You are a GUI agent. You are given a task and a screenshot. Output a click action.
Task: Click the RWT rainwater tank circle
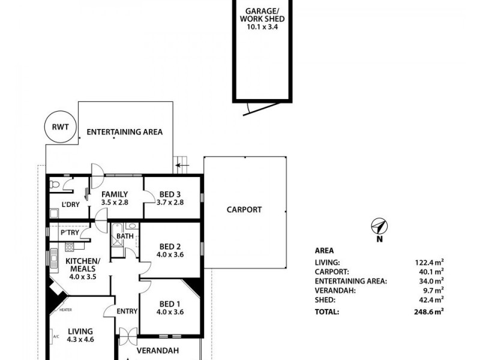[61, 112]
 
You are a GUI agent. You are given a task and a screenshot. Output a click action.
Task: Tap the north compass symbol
[379, 227]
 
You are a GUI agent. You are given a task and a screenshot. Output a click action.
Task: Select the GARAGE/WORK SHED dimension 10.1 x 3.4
[262, 26]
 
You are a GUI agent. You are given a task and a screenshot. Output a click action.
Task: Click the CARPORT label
[244, 209]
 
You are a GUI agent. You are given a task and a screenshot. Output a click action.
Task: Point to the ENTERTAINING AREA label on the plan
[125, 132]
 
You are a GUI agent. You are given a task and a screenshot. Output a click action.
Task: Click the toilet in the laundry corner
[55, 184]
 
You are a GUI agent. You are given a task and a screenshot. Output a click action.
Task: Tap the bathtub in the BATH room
[117, 235]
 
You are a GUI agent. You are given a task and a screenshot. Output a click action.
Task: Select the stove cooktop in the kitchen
[70, 247]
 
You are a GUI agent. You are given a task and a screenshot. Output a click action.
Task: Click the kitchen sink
[54, 260]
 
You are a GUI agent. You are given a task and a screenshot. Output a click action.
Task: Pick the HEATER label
[65, 310]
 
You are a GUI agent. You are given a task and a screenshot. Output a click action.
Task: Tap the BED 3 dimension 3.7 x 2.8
[170, 202]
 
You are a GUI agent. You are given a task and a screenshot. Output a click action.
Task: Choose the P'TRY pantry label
[70, 233]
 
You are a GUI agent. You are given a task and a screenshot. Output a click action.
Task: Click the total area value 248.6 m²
[428, 311]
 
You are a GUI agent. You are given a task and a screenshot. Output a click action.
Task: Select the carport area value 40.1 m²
[431, 272]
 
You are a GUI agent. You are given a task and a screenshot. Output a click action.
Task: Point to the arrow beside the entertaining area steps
[182, 166]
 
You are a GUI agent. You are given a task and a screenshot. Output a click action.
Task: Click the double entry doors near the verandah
[128, 337]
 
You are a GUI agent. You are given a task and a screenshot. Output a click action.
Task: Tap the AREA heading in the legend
[324, 251]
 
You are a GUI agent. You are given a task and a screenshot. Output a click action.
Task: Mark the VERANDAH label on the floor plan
[158, 350]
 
